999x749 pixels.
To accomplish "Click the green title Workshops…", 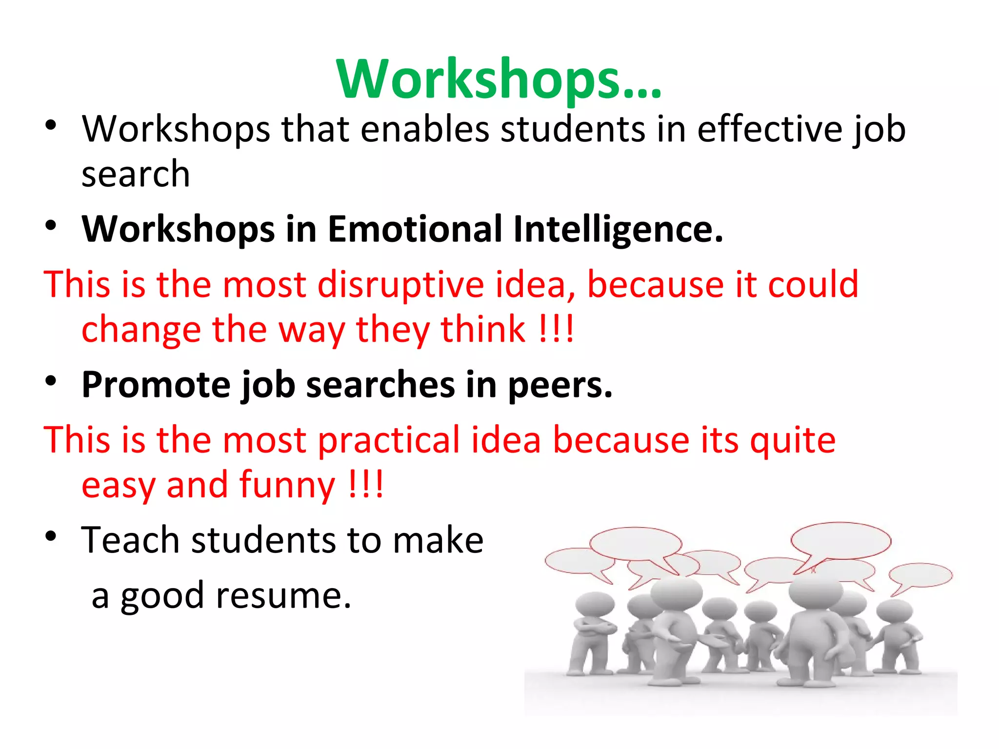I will [499, 79].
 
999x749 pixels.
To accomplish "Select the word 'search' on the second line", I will [135, 175].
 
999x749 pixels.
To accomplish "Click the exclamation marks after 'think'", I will [556, 330].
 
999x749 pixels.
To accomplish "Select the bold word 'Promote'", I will [155, 385].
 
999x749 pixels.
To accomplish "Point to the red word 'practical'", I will [388, 440].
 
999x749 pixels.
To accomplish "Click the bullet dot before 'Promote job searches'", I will [51, 380].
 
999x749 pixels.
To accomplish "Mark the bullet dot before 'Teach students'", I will [51, 536].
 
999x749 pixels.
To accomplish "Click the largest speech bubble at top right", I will [840, 541].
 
